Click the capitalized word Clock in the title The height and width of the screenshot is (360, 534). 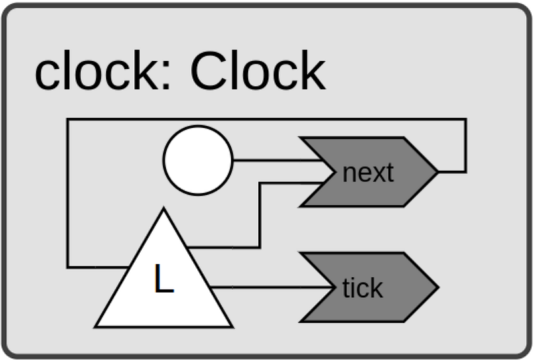pos(258,70)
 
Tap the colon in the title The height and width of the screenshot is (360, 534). pos(166,76)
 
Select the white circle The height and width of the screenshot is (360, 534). pos(198,160)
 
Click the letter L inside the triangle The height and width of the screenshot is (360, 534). pos(164,278)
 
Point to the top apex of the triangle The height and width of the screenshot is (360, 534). pos(164,208)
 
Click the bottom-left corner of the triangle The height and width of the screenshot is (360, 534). pos(95,327)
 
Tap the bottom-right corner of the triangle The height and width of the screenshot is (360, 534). pos(233,327)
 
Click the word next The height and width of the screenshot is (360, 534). pos(368,173)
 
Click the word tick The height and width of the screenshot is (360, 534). pos(362,288)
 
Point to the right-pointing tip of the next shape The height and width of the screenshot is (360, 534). pos(438,172)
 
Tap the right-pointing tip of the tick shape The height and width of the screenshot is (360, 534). pos(438,288)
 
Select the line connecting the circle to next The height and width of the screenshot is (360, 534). pos(277,160)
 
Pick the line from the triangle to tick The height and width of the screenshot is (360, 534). pos(271,288)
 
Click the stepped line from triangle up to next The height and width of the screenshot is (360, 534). pos(260,215)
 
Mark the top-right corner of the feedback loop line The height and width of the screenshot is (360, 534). pos(466,119)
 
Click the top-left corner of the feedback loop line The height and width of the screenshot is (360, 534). pos(68,119)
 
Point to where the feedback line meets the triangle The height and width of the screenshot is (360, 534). pos(129,267)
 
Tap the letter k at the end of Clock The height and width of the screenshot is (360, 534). pos(313,70)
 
